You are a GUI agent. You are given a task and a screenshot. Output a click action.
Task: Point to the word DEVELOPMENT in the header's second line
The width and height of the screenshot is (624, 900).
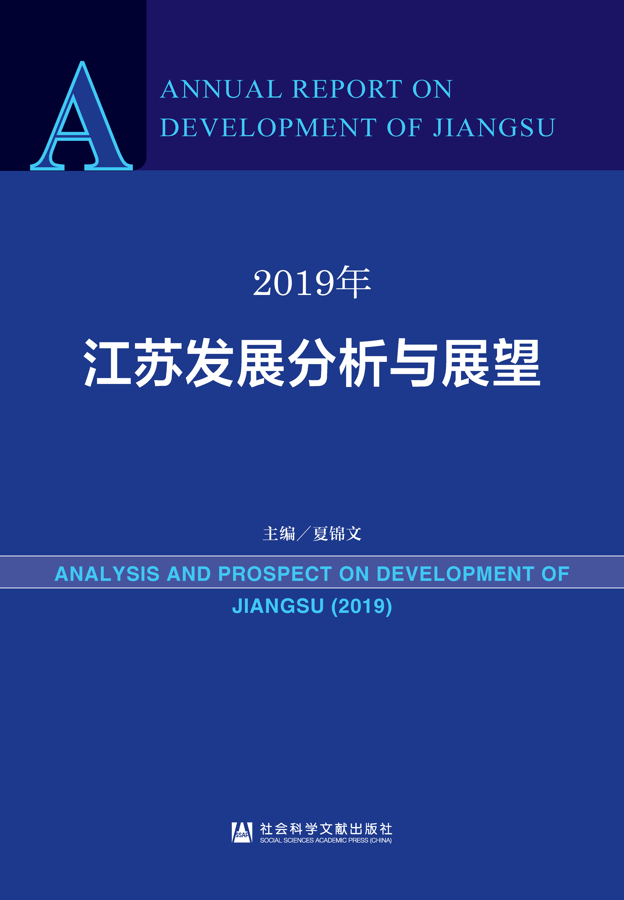click(268, 127)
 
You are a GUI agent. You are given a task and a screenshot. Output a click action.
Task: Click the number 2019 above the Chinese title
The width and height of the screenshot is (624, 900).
click(294, 283)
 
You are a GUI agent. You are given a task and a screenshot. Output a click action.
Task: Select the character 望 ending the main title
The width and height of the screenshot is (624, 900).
click(516, 363)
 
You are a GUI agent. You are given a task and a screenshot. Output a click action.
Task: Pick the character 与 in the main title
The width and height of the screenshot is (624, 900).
click(414, 363)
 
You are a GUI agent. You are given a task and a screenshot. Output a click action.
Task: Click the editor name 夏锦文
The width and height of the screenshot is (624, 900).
click(337, 534)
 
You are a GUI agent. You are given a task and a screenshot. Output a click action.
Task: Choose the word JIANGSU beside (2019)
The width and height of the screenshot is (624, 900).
click(278, 606)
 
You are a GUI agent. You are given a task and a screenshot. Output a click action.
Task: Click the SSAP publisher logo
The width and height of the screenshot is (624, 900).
click(242, 832)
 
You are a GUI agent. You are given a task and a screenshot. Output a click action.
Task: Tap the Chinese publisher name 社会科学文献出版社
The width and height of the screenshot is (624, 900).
click(326, 829)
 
